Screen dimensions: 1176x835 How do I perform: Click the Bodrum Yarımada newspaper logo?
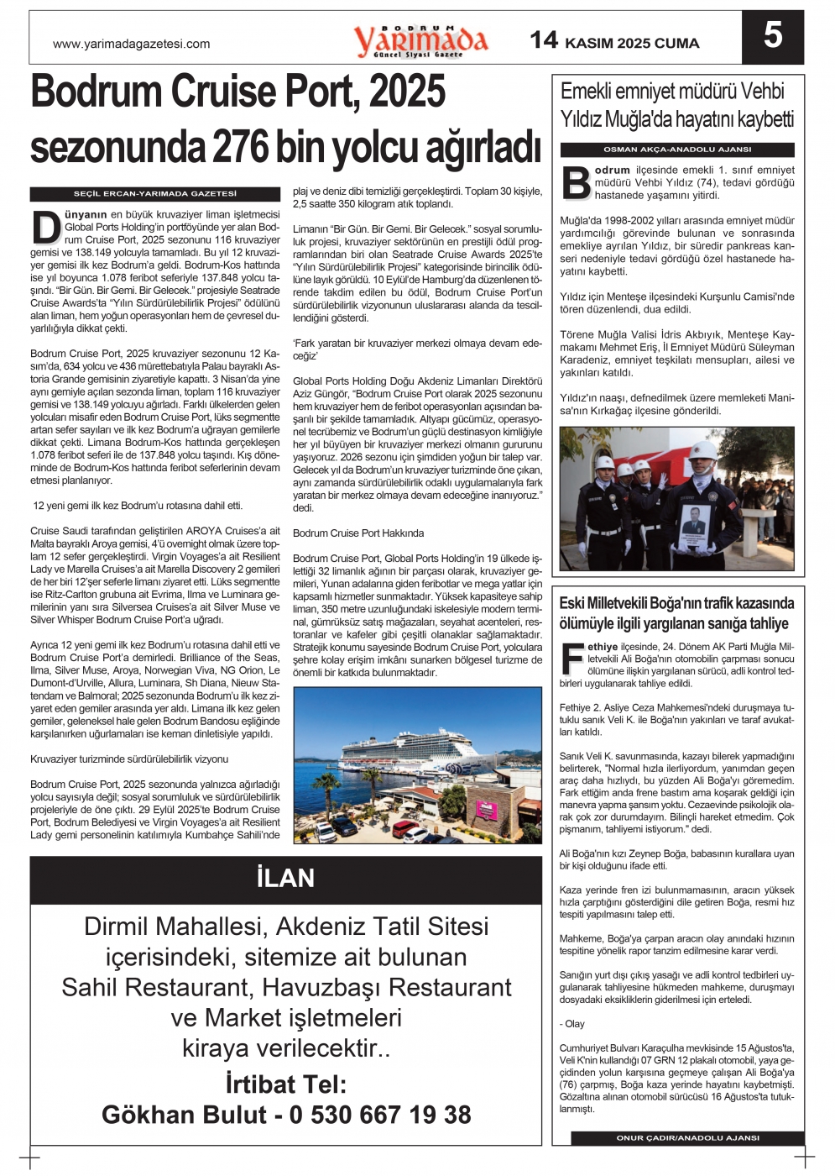pos(420,40)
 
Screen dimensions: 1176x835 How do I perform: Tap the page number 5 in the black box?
pos(772,35)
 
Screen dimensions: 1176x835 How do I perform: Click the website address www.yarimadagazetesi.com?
pos(131,44)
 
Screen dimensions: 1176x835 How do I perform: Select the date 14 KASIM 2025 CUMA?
pos(614,41)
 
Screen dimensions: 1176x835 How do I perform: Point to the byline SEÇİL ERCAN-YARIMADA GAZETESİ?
pos(155,194)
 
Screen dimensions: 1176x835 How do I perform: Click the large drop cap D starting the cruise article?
pos(46,227)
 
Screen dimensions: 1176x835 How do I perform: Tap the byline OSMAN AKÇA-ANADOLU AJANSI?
pos(677,150)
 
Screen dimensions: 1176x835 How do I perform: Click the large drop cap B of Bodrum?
pos(576,183)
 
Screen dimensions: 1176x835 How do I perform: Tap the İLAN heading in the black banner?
pos(285,879)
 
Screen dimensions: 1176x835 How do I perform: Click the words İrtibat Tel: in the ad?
pos(285,1084)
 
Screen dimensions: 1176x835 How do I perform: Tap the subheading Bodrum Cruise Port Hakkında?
pos(358,533)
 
